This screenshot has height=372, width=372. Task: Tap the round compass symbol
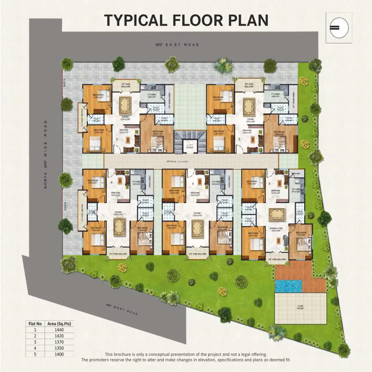339,28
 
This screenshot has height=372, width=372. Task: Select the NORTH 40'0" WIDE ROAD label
46,154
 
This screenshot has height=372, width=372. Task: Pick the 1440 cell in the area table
59,330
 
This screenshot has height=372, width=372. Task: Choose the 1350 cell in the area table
59,348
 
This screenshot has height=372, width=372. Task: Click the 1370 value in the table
59,342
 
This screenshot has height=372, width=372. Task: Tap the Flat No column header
35,324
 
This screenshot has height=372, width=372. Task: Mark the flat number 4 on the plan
193,183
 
